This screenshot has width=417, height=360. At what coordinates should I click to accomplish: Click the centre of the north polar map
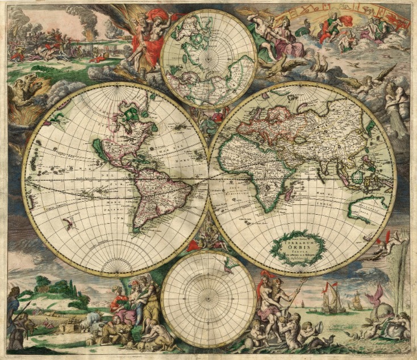click(208, 58)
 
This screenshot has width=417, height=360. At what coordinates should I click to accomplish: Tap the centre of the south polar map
click(208, 298)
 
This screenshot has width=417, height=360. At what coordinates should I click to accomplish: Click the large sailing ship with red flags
click(331, 299)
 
